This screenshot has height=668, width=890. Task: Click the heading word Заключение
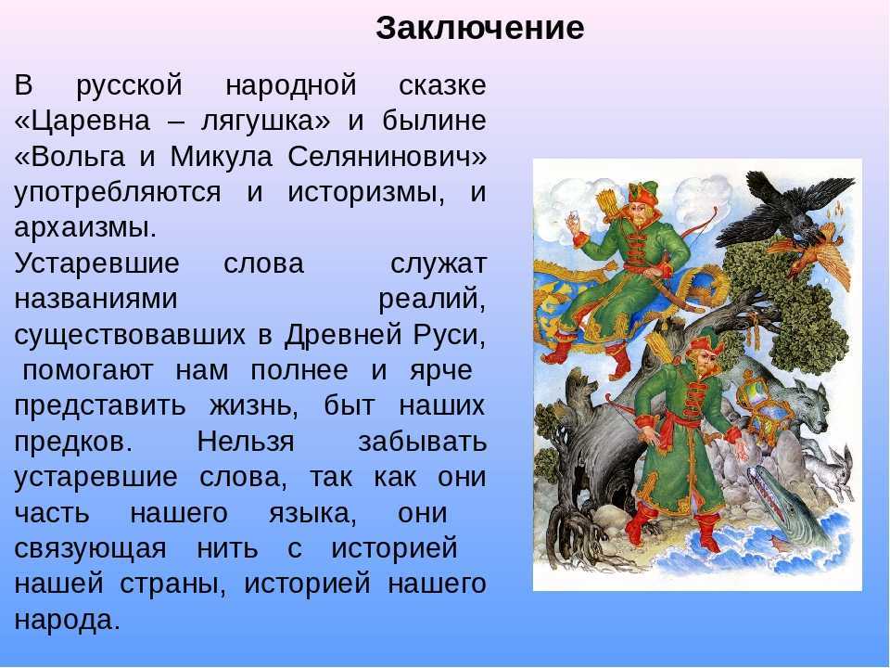click(x=479, y=28)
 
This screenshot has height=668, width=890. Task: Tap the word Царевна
click(x=90, y=121)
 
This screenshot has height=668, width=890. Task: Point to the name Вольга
click(x=78, y=156)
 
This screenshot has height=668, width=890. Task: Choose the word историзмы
click(x=365, y=192)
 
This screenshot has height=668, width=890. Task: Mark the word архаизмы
click(x=85, y=228)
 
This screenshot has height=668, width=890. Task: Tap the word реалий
click(x=432, y=299)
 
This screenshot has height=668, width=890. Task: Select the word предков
click(x=73, y=442)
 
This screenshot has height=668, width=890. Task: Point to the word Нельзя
click(x=246, y=441)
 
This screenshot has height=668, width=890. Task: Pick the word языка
click(x=312, y=513)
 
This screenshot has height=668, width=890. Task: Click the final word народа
click(x=67, y=620)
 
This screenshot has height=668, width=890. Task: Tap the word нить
click(x=227, y=548)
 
